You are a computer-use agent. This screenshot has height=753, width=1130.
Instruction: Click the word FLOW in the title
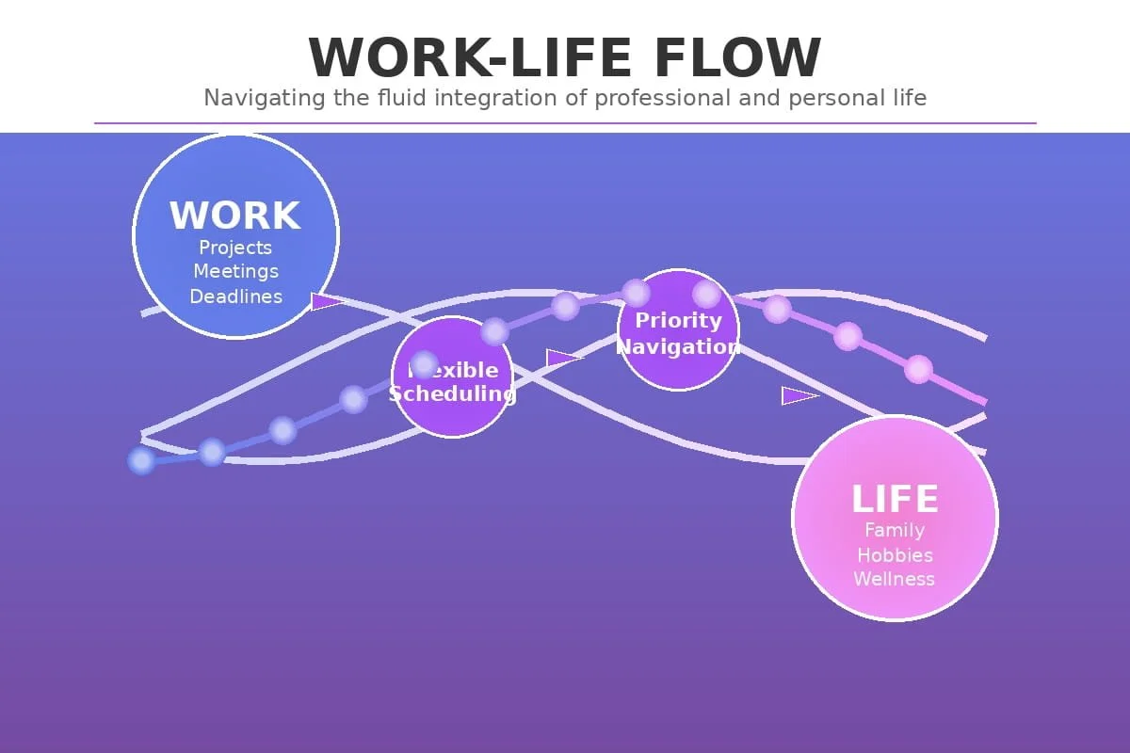pyautogui.click(x=737, y=57)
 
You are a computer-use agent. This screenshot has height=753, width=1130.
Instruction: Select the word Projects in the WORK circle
pyautogui.click(x=235, y=248)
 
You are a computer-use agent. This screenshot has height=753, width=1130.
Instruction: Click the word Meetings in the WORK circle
pyautogui.click(x=235, y=271)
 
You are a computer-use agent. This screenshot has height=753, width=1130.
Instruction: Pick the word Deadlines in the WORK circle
pyautogui.click(x=235, y=296)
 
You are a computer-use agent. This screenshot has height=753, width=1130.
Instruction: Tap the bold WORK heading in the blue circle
pyautogui.click(x=235, y=216)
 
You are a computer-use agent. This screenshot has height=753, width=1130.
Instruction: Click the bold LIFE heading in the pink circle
pyautogui.click(x=895, y=499)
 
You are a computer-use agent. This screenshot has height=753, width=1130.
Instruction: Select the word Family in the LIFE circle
pyautogui.click(x=895, y=531)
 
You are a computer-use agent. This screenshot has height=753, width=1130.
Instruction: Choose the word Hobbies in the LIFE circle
pyautogui.click(x=895, y=555)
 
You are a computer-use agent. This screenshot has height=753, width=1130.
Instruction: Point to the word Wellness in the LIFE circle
pyautogui.click(x=895, y=579)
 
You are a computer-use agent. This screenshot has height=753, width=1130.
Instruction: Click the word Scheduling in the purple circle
pyautogui.click(x=452, y=393)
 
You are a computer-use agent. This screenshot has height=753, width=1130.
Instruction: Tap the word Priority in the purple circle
pyautogui.click(x=678, y=320)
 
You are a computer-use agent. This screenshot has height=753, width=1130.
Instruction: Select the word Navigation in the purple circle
pyautogui.click(x=678, y=346)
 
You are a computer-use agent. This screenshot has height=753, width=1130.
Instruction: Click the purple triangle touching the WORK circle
pyautogui.click(x=325, y=301)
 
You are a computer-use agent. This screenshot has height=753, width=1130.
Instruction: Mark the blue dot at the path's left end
pyautogui.click(x=141, y=460)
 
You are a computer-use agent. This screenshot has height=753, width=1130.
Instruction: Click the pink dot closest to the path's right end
pyautogui.click(x=918, y=369)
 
